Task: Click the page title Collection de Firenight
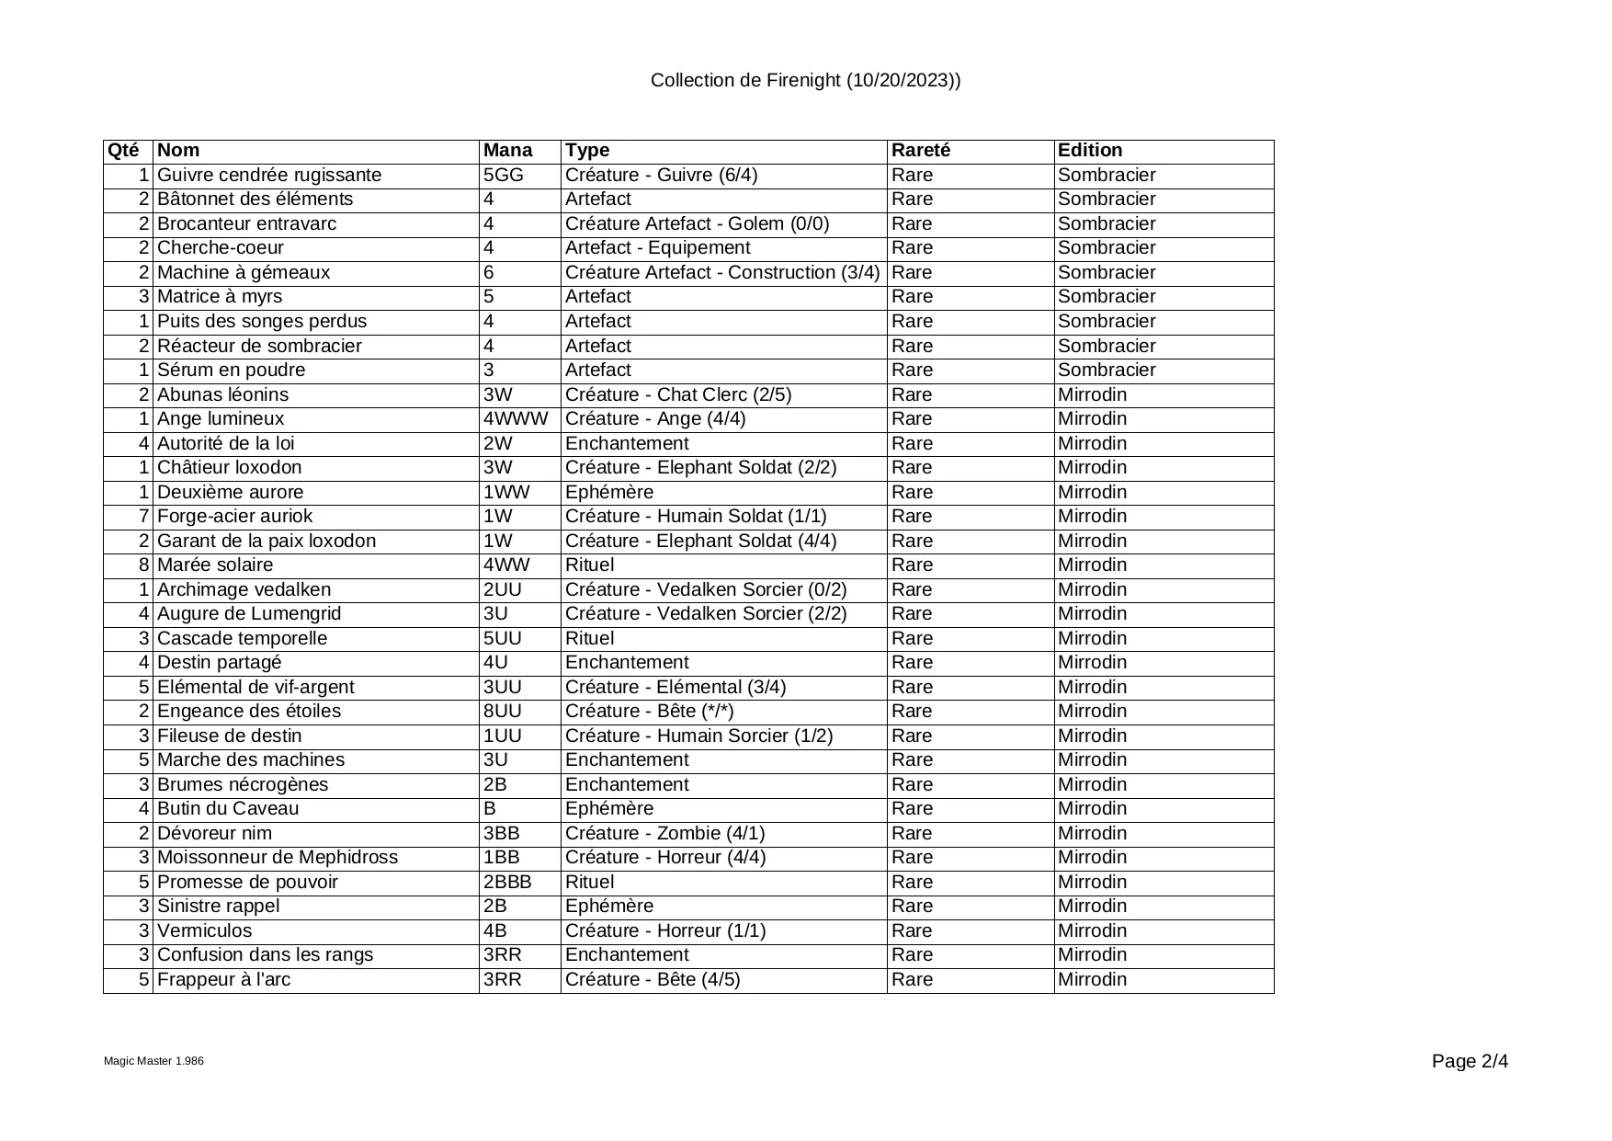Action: pyautogui.click(x=805, y=81)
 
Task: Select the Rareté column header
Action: pyautogui.click(x=921, y=151)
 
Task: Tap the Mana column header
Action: pyautogui.click(x=507, y=151)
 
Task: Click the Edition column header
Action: pyautogui.click(x=1090, y=151)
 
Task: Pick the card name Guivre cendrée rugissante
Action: pyautogui.click(x=269, y=176)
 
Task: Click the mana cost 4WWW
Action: pyautogui.click(x=516, y=419)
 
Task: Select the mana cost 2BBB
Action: pyautogui.click(x=507, y=883)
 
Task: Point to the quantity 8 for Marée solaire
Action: pyautogui.click(x=144, y=565)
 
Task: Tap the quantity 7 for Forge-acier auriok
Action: pyautogui.click(x=144, y=517)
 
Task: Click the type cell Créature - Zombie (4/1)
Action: pyautogui.click(x=664, y=834)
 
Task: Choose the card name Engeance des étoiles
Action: pyautogui.click(x=249, y=712)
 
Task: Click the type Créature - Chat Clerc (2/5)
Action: pyautogui.click(x=678, y=395)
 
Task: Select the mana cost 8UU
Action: pyautogui.click(x=502, y=712)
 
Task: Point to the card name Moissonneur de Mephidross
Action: pyautogui.click(x=278, y=858)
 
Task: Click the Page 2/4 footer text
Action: pyautogui.click(x=1470, y=1062)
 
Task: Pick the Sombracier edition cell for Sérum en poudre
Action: pyautogui.click(x=1107, y=371)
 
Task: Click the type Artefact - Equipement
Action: pyautogui.click(x=657, y=248)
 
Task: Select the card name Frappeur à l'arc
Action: pyautogui.click(x=223, y=980)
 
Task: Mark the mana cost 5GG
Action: pyautogui.click(x=503, y=176)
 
